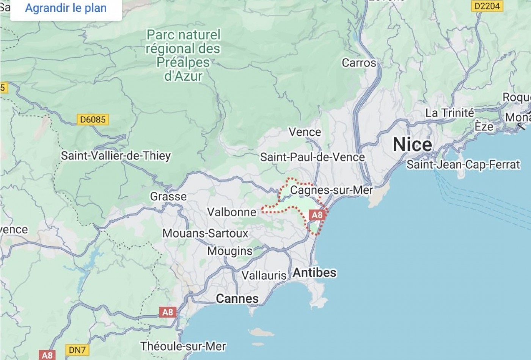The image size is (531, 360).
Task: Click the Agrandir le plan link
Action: tap(66, 8)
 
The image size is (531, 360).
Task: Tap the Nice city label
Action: tap(412, 144)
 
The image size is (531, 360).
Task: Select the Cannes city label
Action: tap(237, 299)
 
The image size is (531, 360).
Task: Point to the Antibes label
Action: tap(314, 272)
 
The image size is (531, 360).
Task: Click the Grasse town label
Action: tap(168, 196)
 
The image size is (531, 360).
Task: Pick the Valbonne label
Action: tap(232, 212)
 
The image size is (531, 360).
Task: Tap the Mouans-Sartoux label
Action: tap(205, 233)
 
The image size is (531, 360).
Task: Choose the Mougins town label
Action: tap(230, 251)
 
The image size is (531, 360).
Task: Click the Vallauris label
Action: tap(264, 275)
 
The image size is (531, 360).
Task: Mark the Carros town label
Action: tap(359, 63)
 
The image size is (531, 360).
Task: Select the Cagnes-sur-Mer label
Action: tap(331, 190)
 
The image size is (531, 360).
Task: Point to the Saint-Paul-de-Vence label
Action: tap(312, 157)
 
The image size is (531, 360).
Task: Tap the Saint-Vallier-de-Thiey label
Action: tap(116, 155)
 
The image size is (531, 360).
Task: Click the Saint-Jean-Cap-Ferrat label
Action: tap(463, 164)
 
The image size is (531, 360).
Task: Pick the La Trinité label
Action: tap(450, 113)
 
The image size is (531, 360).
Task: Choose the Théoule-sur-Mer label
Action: tap(183, 346)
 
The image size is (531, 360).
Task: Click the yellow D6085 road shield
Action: tap(93, 120)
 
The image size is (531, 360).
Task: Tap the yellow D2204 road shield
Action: tap(487, 6)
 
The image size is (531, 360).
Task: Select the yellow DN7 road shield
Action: tap(77, 350)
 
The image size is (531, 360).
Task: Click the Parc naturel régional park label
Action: tap(183, 55)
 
